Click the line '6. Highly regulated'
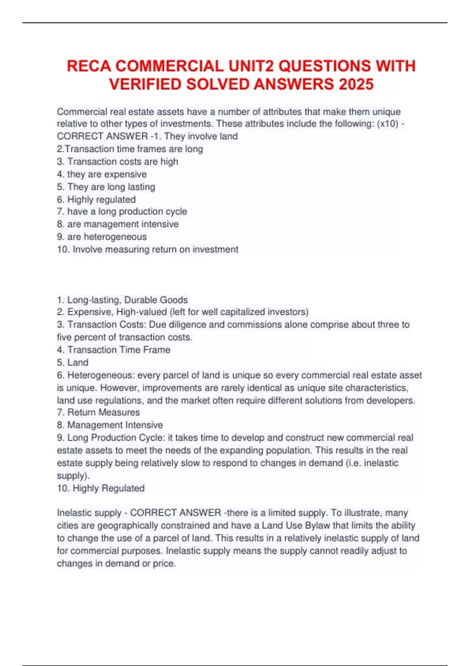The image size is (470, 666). [96, 199]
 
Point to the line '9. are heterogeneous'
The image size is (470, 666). [102, 237]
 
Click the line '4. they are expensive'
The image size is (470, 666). [102, 174]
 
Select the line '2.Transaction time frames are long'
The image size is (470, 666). [130, 149]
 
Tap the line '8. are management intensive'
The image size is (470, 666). [118, 224]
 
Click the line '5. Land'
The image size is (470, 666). [72, 362]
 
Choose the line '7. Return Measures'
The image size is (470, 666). [98, 412]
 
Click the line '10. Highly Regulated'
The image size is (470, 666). [101, 488]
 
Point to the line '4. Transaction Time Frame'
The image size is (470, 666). [114, 350]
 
